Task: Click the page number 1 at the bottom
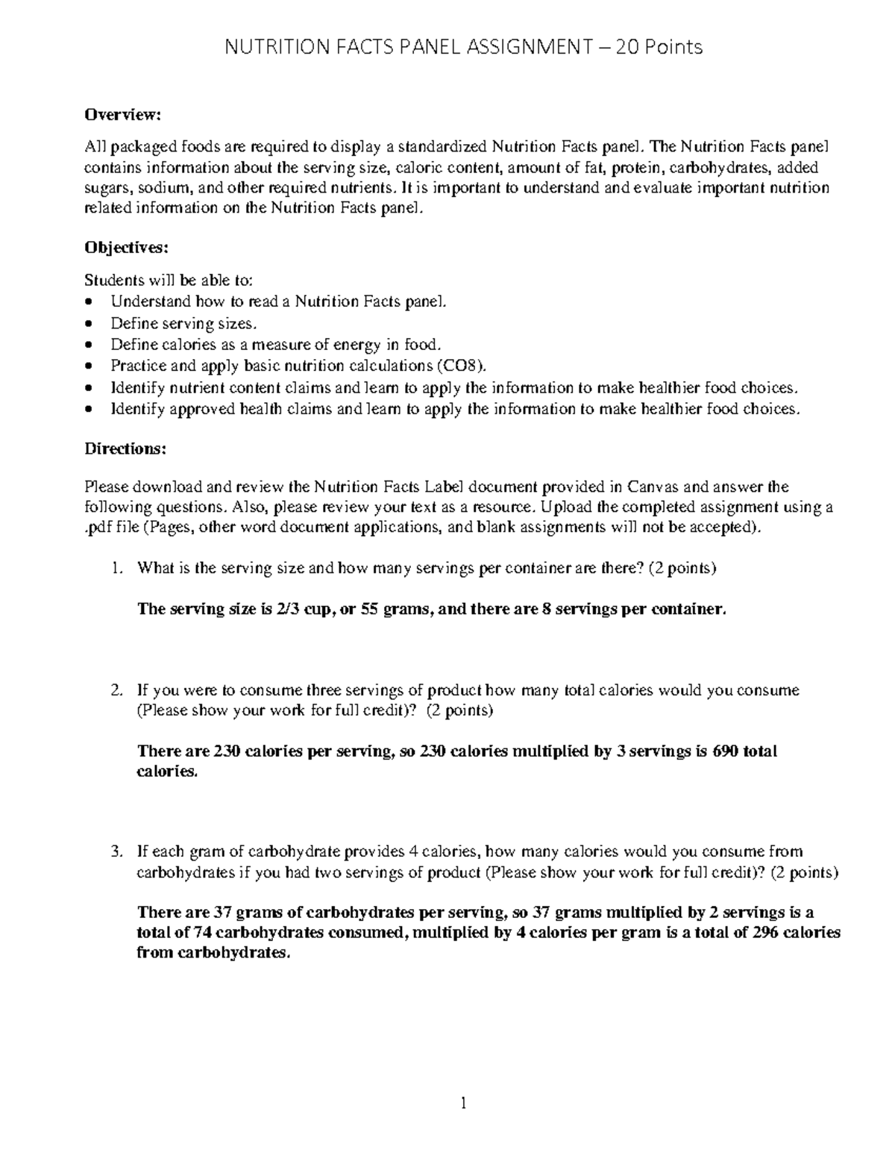(x=463, y=1103)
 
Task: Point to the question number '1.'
(x=116, y=568)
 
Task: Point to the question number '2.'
(x=116, y=690)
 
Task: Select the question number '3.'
(x=116, y=852)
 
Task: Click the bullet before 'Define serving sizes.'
(x=89, y=324)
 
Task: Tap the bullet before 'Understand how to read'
(x=89, y=302)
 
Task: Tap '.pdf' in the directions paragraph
(x=98, y=528)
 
